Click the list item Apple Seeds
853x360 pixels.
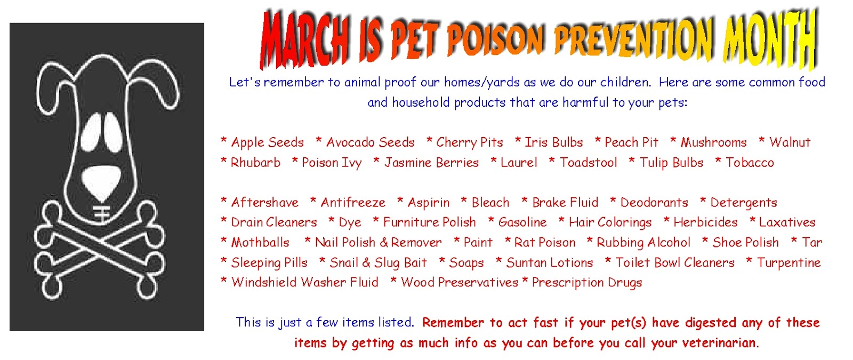point(267,142)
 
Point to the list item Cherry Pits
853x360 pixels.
point(470,142)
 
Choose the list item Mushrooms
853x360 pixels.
point(714,142)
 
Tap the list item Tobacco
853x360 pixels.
point(750,162)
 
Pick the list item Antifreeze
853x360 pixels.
point(353,202)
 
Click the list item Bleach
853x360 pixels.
point(490,202)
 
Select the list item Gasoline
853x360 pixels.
point(522,222)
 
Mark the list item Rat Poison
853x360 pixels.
point(544,242)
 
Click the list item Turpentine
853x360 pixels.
point(788,262)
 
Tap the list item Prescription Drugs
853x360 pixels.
point(587,282)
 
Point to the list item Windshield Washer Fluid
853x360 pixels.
point(304,282)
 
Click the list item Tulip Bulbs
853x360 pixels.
point(671,162)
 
